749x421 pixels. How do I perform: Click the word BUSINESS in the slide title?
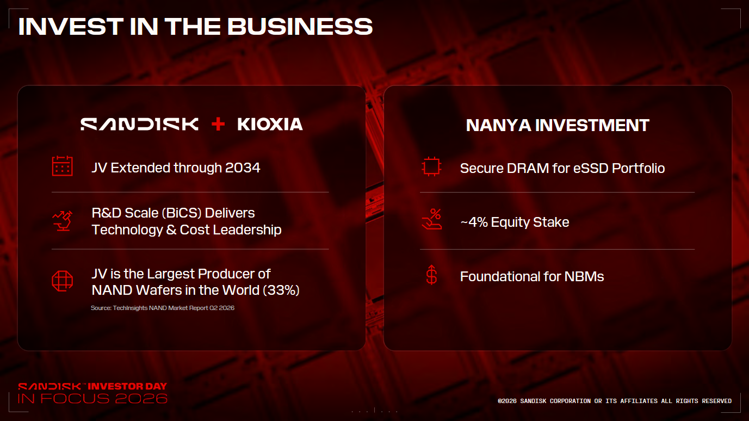300,27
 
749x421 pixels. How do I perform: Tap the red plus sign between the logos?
218,124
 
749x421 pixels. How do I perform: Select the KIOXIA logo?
270,124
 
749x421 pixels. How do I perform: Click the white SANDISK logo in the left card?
139,124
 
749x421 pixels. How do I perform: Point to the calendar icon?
62,166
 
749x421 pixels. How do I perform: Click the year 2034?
243,168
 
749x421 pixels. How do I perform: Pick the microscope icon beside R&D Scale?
63,221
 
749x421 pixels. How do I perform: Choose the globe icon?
62,281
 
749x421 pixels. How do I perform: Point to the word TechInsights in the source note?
130,308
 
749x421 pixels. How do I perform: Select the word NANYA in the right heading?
498,126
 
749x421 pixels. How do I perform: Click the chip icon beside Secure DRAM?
431,166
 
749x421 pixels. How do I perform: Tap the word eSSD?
591,168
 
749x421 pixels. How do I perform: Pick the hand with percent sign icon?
432,219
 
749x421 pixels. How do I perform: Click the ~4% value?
474,222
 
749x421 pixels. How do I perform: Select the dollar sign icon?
431,275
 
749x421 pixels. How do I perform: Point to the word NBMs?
584,276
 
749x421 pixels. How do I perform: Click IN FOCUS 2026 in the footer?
92,399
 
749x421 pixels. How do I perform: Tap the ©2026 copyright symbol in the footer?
500,401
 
